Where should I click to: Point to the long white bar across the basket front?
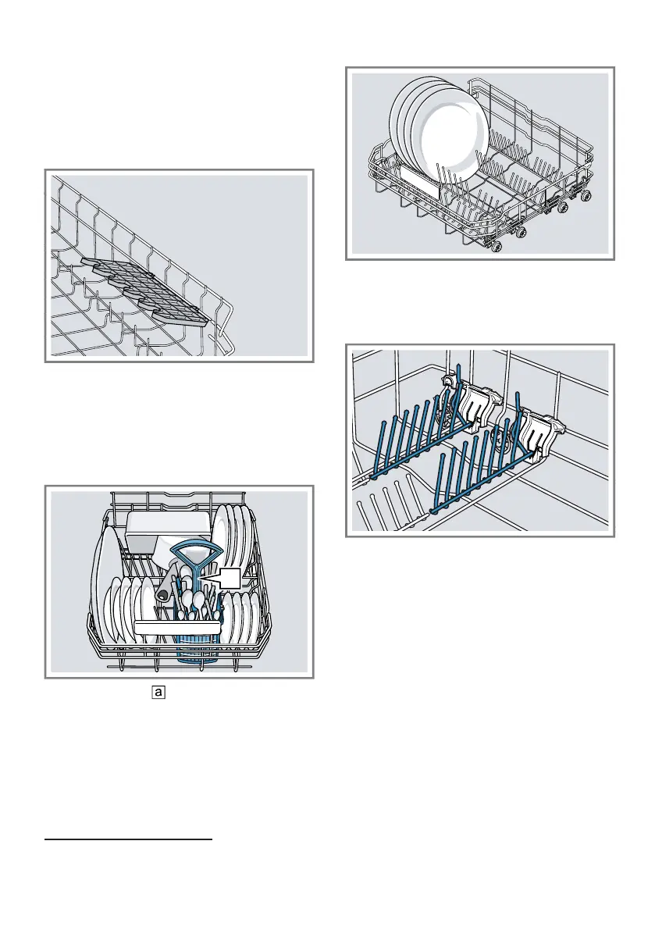[x=179, y=627]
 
